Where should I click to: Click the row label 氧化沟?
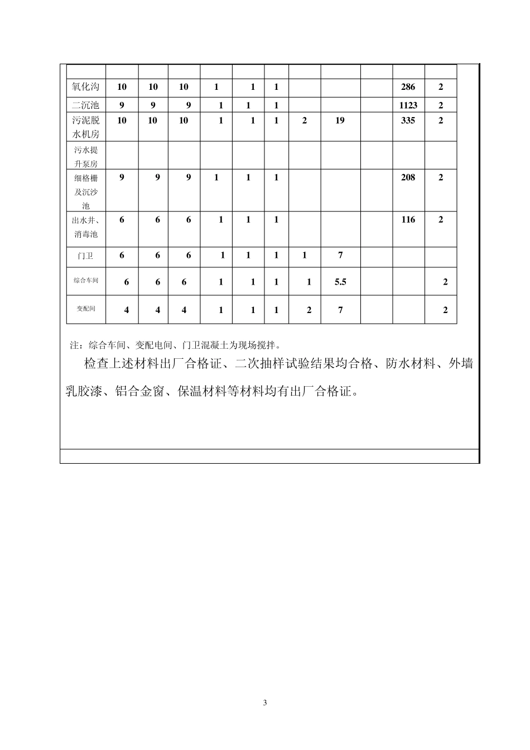click(86, 87)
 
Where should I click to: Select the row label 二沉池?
click(86, 105)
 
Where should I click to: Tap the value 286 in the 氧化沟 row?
click(408, 87)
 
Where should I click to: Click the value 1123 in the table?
click(408, 105)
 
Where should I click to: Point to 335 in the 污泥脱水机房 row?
click(408, 121)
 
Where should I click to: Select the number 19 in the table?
click(340, 121)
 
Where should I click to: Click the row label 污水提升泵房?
click(86, 157)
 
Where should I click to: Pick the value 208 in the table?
click(408, 177)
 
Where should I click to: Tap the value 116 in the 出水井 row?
click(408, 220)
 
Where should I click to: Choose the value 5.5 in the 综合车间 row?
click(340, 282)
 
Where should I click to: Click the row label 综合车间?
click(86, 281)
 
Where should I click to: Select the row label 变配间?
click(86, 309)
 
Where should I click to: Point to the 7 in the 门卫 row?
click(340, 256)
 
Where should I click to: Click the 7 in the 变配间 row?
click(340, 310)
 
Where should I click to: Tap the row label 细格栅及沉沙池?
click(86, 191)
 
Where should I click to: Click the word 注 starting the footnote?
click(74, 345)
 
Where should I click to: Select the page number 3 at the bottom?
click(265, 703)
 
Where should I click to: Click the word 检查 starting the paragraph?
click(96, 364)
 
